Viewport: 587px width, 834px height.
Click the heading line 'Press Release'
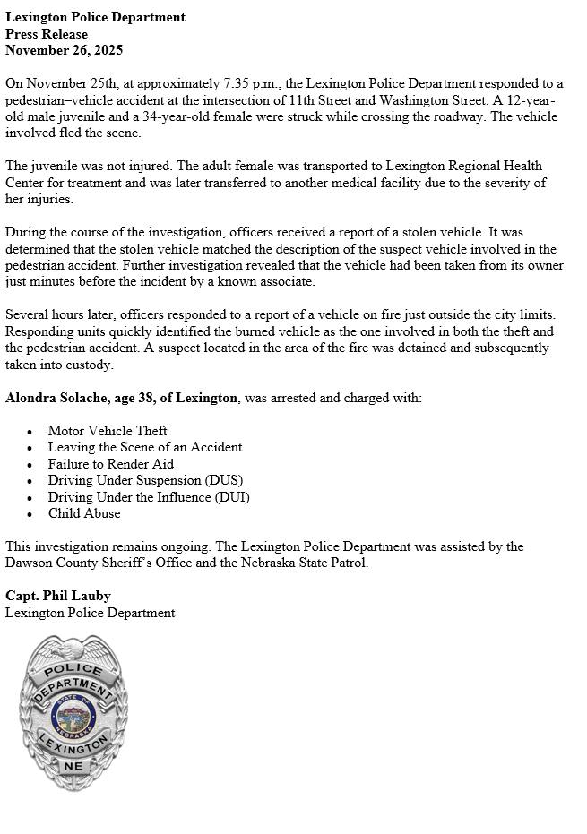[47, 34]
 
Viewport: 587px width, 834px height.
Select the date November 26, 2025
[64, 50]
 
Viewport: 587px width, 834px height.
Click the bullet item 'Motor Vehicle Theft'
[108, 431]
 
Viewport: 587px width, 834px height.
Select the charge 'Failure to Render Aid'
[111, 464]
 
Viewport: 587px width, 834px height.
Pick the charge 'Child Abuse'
[84, 513]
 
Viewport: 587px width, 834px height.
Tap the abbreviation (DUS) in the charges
[223, 480]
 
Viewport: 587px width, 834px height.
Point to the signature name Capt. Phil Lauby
[58, 596]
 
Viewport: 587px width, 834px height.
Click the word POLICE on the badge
[73, 670]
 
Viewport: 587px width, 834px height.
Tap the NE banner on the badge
[73, 767]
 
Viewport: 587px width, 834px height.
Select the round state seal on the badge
[73, 714]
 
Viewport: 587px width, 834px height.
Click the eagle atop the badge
[73, 647]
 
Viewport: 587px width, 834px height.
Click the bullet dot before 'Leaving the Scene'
[30, 448]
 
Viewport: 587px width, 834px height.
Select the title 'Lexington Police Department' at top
[95, 17]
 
